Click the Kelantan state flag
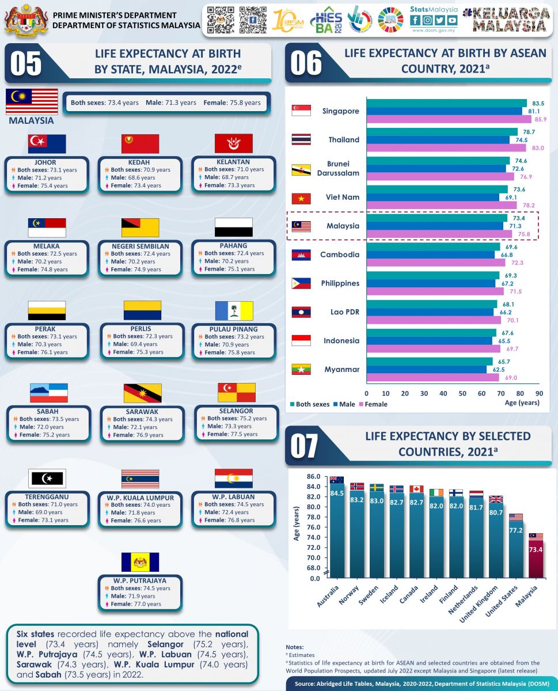tap(233, 143)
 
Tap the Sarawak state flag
tap(142, 393)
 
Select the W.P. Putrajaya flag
tap(140, 562)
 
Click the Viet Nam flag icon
tap(301, 198)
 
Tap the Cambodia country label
tap(340, 255)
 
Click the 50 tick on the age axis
tap(462, 393)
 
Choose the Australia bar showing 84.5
tap(337, 530)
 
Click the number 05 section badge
tap(26, 63)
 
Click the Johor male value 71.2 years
tap(48, 178)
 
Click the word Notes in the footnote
tap(295, 647)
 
